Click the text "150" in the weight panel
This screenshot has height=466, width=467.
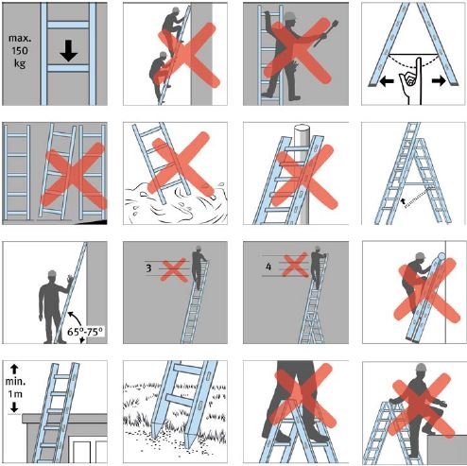pyautogui.click(x=20, y=51)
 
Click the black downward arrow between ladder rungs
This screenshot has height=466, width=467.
pyautogui.click(x=69, y=52)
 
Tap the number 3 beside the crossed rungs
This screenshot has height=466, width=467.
pyautogui.click(x=148, y=268)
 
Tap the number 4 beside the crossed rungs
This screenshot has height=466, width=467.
pyautogui.click(x=268, y=267)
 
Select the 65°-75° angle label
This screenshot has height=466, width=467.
pyautogui.click(x=85, y=332)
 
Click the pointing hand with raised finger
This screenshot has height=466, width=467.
pyautogui.click(x=410, y=81)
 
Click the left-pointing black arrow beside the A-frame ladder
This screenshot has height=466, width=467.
pyautogui.click(x=387, y=81)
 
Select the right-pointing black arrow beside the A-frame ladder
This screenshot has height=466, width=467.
pyautogui.click(x=439, y=81)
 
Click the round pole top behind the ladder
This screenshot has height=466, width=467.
pyautogui.click(x=302, y=127)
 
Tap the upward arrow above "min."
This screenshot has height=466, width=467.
pyautogui.click(x=14, y=369)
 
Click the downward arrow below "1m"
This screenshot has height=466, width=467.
pyautogui.click(x=14, y=407)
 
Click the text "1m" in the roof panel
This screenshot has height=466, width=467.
pyautogui.click(x=15, y=394)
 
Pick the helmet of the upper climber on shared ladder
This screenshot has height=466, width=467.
pyautogui.click(x=176, y=9)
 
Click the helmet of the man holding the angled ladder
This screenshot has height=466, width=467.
pyautogui.click(x=53, y=274)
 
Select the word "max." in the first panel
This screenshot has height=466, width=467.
pyautogui.click(x=20, y=38)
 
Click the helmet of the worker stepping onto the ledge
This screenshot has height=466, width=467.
pyautogui.click(x=421, y=367)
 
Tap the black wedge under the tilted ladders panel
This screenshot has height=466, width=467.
pyautogui.click(x=95, y=222)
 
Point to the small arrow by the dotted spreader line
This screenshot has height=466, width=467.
pyautogui.click(x=403, y=201)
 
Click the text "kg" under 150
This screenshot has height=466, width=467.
pyautogui.click(x=20, y=63)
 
